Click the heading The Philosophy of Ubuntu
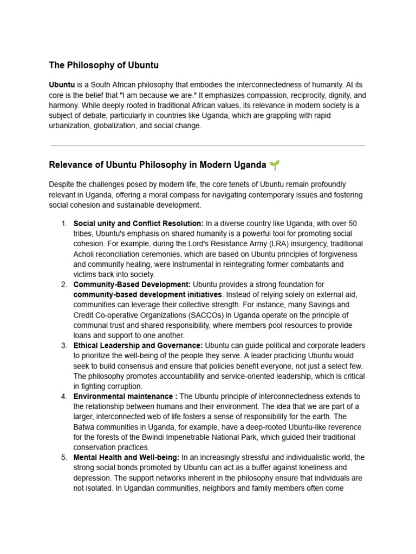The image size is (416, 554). pos(103,65)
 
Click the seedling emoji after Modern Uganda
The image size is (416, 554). pos(275,164)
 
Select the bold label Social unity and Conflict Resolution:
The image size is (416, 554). pos(138,223)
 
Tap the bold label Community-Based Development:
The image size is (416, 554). pos(132,284)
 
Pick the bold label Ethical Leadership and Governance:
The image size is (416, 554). pos(138,345)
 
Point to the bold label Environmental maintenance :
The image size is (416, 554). pos(125,397)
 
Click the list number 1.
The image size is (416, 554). pos(63,223)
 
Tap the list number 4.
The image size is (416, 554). pos(63,397)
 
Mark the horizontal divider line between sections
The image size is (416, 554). pos(207,146)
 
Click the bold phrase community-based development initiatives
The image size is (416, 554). pos(147,294)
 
